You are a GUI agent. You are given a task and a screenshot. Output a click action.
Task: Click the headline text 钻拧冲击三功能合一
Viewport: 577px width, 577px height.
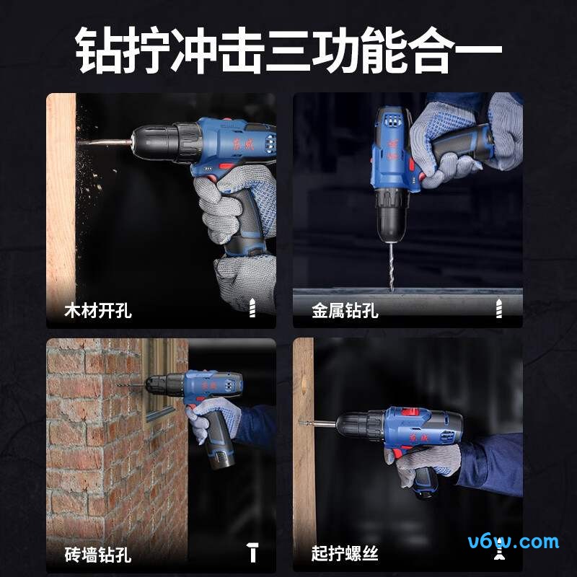(x=288, y=48)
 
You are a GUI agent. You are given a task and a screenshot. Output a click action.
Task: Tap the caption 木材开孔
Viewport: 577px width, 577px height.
(x=98, y=311)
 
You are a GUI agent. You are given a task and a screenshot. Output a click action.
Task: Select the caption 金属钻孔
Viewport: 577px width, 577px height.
(x=345, y=311)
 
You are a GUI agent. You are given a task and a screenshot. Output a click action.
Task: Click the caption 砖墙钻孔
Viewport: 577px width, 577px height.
(x=98, y=555)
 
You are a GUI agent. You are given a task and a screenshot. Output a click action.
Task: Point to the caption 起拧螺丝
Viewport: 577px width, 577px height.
(x=345, y=555)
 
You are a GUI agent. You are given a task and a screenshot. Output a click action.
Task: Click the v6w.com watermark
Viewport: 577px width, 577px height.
(x=514, y=541)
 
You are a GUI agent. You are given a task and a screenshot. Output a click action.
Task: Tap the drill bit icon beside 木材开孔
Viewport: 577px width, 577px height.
(x=252, y=309)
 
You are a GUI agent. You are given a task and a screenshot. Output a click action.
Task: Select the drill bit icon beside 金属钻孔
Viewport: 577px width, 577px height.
(x=498, y=309)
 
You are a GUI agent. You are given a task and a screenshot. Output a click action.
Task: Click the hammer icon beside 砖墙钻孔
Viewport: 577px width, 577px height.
(x=252, y=553)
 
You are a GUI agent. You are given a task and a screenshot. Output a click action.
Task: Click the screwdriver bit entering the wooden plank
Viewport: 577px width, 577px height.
(x=317, y=423)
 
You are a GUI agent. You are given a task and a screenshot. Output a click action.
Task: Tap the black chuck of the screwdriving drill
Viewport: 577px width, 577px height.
(x=358, y=426)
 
